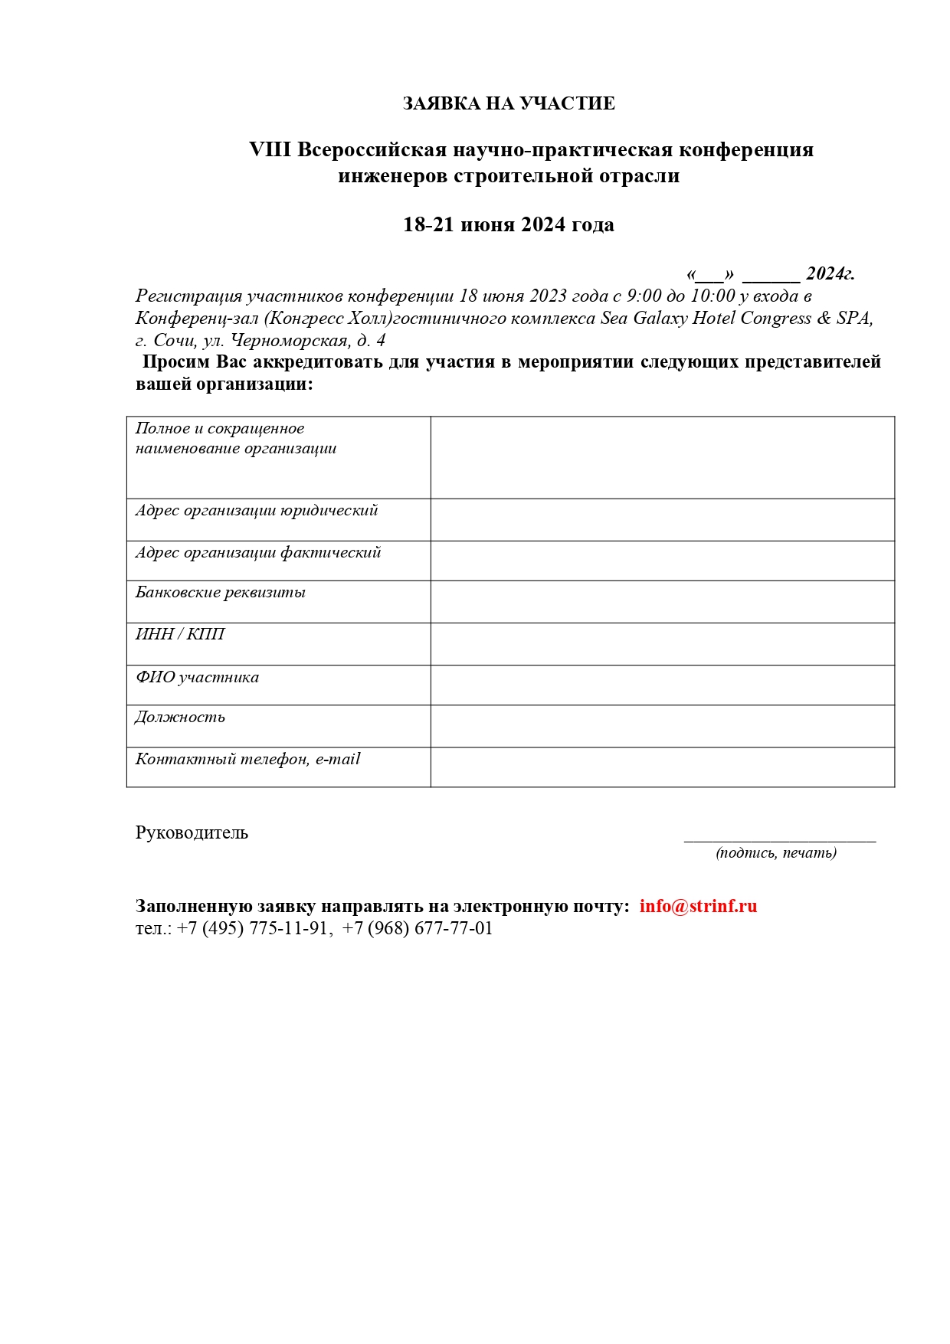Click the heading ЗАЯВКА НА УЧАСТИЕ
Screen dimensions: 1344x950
(x=509, y=103)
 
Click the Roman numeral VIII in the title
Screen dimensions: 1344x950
(x=270, y=149)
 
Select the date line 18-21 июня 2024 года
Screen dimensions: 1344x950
(x=509, y=224)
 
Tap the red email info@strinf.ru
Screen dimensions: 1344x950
(x=698, y=906)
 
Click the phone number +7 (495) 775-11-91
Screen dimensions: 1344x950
(x=253, y=928)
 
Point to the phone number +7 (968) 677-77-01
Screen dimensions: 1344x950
(x=418, y=928)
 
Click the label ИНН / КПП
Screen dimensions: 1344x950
(x=180, y=634)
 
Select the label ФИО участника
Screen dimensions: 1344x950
(x=197, y=677)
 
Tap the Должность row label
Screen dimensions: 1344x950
(x=180, y=717)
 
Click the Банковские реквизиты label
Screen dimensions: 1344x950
(x=221, y=592)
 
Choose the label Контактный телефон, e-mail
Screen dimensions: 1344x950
(x=247, y=759)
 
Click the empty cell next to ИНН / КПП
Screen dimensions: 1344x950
(x=662, y=643)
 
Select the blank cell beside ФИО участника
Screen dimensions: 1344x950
(x=662, y=685)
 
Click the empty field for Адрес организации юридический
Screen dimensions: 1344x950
(x=662, y=519)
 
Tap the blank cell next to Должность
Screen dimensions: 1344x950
(x=662, y=725)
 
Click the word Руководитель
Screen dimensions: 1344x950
(x=192, y=832)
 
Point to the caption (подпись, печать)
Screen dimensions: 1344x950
(x=776, y=852)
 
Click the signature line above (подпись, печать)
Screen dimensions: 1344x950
(x=779, y=841)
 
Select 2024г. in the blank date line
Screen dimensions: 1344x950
(x=830, y=273)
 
